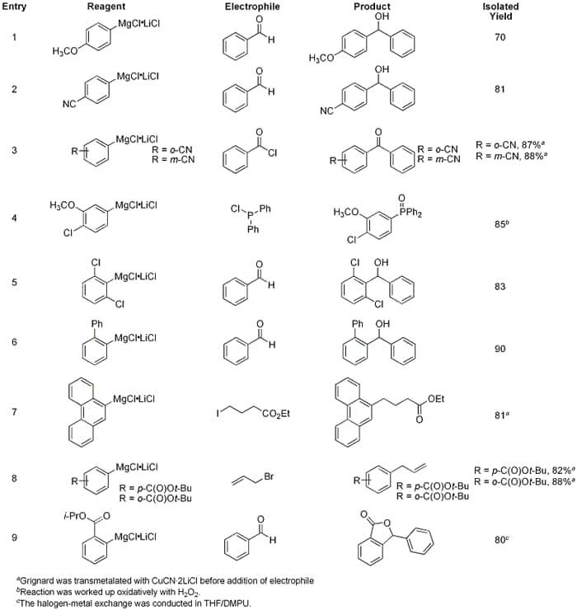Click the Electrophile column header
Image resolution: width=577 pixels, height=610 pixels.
252,7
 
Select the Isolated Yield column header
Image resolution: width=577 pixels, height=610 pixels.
500,12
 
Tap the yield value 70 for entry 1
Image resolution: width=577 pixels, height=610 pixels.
500,37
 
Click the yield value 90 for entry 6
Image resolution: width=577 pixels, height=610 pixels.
500,348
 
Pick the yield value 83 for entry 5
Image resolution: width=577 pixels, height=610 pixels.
500,287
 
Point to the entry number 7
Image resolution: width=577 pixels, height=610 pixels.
14,411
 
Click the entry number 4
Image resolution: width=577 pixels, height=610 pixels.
14,218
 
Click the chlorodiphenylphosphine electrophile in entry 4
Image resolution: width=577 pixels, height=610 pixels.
251,219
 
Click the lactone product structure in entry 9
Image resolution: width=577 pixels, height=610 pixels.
395,538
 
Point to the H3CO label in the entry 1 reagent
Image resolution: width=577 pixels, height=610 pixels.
65,51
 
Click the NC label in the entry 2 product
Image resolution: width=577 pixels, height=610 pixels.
326,111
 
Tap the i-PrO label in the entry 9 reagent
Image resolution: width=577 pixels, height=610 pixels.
74,517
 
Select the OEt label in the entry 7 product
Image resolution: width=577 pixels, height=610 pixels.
436,399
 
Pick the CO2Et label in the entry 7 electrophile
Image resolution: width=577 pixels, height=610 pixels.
276,414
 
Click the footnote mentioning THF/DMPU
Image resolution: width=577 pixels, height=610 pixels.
134,603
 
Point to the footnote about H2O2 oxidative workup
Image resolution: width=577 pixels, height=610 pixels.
108,592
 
